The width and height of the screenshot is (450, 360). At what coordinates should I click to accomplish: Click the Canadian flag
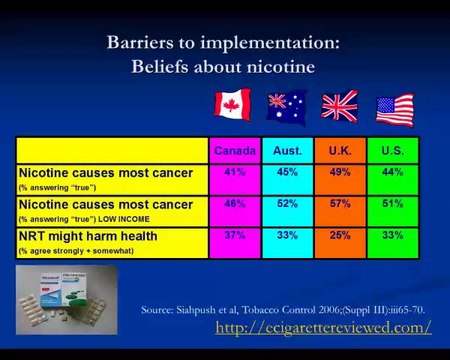[233, 103]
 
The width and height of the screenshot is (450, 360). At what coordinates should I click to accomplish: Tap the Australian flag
[285, 106]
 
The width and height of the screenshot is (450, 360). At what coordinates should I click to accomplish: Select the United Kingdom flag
[339, 106]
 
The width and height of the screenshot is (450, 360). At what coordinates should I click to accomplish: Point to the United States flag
[394, 108]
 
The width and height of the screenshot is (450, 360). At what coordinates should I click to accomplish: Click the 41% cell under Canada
[234, 172]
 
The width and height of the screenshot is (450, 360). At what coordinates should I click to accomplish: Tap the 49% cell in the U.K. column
[340, 172]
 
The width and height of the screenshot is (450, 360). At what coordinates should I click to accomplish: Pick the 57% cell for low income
[340, 204]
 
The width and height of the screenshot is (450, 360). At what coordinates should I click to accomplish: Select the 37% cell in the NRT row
[234, 236]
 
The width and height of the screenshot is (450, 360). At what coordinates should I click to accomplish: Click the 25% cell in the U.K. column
[340, 236]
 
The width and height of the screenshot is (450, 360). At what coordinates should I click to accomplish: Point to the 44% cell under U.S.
[393, 172]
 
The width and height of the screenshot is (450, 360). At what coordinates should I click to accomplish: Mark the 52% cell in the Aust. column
[288, 204]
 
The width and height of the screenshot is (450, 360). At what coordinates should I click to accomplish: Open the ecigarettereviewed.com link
[323, 327]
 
